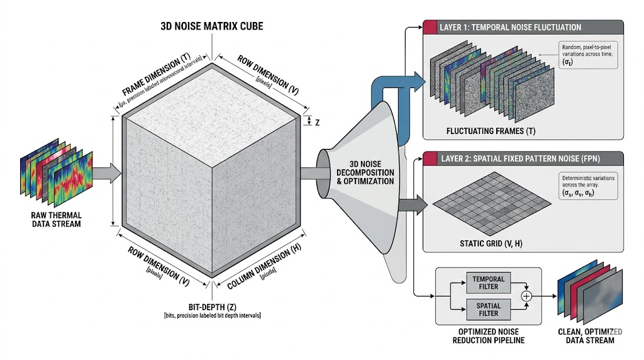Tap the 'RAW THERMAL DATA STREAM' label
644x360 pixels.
57,220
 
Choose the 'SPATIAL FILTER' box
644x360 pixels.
486,310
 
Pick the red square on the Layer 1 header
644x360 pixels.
430,28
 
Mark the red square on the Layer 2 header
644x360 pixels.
430,158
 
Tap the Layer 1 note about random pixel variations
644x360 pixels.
584,55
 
